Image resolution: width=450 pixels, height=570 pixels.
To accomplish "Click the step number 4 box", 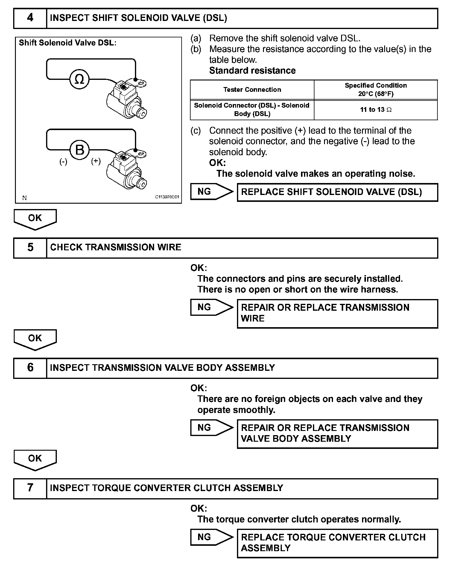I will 30,18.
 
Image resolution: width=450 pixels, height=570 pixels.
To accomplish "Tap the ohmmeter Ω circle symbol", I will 79,79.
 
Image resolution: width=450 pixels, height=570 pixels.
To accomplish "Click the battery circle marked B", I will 79,150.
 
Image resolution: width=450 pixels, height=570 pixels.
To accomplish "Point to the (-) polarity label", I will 63,162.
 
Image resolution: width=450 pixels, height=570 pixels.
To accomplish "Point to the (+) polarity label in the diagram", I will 96,161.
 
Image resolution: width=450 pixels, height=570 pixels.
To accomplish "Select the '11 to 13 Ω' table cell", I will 375,110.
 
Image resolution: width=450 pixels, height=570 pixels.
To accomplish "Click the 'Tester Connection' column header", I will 252,90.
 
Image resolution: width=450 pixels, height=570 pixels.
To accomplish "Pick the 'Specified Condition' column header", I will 375,89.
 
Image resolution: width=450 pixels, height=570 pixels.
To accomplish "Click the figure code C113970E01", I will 167,197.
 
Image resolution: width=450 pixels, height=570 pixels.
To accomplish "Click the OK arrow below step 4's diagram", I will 35,219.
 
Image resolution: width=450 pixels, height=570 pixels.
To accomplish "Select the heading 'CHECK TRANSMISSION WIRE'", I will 115,247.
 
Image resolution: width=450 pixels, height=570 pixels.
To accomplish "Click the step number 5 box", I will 30,248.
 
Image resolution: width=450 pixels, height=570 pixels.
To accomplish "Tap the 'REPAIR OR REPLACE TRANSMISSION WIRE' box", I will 337,313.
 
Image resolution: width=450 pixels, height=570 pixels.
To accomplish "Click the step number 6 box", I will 30,368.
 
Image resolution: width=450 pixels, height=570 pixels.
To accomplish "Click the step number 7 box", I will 30,488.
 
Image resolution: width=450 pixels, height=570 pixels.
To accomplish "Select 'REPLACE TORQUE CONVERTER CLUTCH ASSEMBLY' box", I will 337,543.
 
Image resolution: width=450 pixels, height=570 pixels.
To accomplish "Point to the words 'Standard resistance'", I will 252,71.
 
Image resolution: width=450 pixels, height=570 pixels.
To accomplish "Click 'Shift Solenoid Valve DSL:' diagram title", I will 67,43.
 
